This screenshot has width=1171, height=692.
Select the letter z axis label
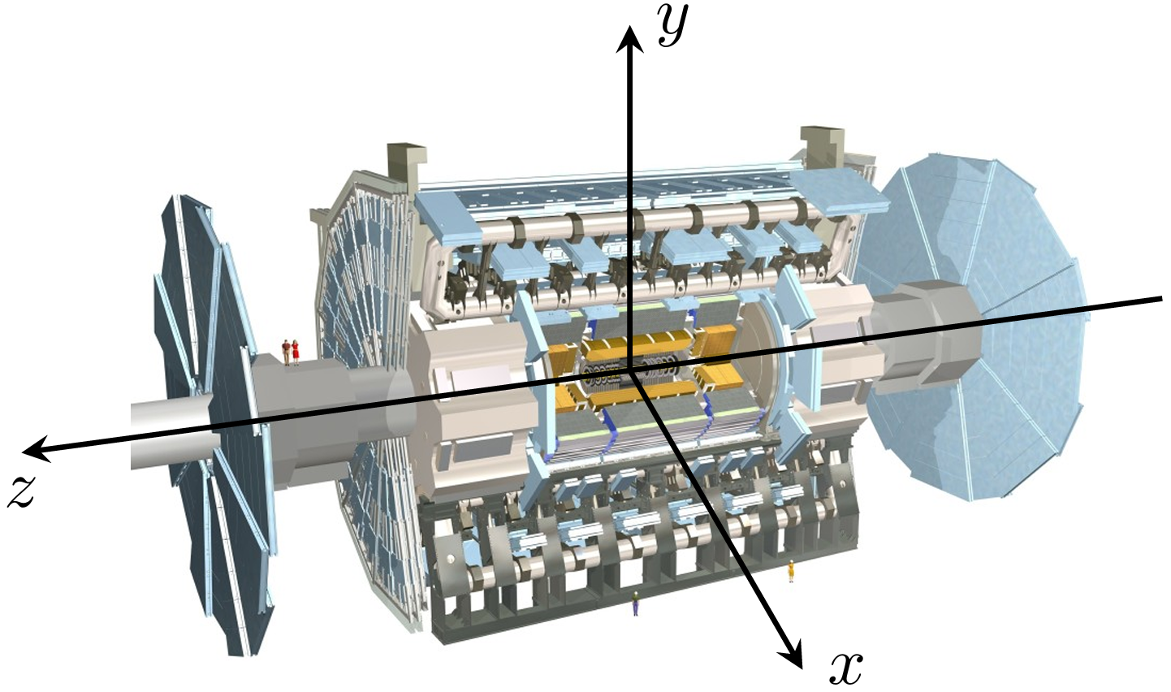click(22, 491)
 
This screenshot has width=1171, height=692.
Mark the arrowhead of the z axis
click(37, 449)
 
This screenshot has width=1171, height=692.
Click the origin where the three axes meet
click(631, 370)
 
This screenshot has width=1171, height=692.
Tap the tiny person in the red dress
click(296, 352)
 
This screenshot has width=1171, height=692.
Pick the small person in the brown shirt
click(286, 352)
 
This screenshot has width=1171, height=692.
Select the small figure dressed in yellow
click(791, 571)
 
